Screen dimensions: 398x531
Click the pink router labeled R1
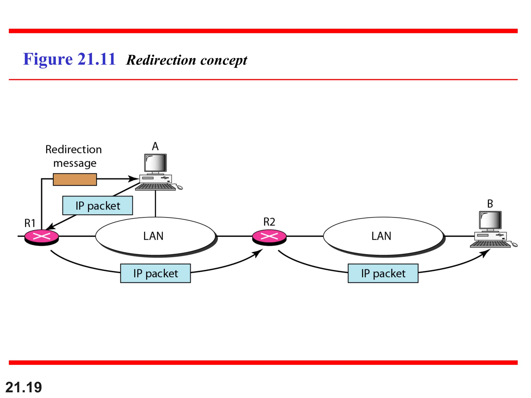[41, 236]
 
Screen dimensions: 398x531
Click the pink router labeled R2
[269, 236]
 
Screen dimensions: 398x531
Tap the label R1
[30, 223]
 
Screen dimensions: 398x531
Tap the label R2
[269, 222]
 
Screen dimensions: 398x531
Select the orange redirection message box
[75, 179]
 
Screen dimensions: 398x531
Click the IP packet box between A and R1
[97, 206]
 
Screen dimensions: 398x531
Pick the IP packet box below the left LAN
[155, 273]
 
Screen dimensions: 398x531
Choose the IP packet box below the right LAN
[383, 273]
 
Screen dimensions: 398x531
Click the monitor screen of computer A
[156, 163]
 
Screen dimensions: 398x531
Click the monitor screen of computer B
[490, 220]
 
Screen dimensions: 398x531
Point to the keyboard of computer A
[155, 187]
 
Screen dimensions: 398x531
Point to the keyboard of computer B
[490, 244]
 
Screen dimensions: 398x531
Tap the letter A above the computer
[155, 146]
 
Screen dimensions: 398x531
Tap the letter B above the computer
[490, 204]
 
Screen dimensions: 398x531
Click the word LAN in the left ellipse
[153, 236]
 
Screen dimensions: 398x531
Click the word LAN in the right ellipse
[381, 236]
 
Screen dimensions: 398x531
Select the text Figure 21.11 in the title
[69, 59]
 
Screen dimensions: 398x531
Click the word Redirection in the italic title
[161, 60]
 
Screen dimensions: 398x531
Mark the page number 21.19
[24, 387]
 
